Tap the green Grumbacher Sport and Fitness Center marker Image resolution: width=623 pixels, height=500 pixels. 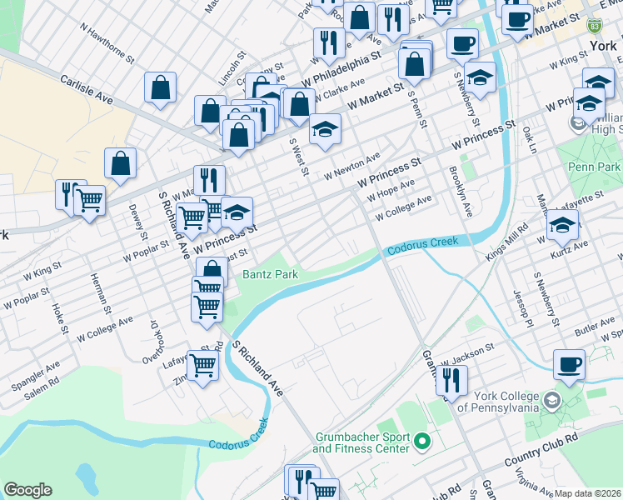[422, 441]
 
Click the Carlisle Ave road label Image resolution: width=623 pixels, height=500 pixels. [86, 89]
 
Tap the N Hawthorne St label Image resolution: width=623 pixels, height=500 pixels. [107, 43]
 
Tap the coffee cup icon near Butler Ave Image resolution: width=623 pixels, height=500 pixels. [569, 364]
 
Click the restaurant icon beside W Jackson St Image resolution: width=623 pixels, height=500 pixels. [451, 380]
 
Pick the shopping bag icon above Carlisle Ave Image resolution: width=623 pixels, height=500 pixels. [160, 87]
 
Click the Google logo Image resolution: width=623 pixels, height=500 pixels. [27, 490]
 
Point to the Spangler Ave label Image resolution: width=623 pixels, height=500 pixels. [35, 377]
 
